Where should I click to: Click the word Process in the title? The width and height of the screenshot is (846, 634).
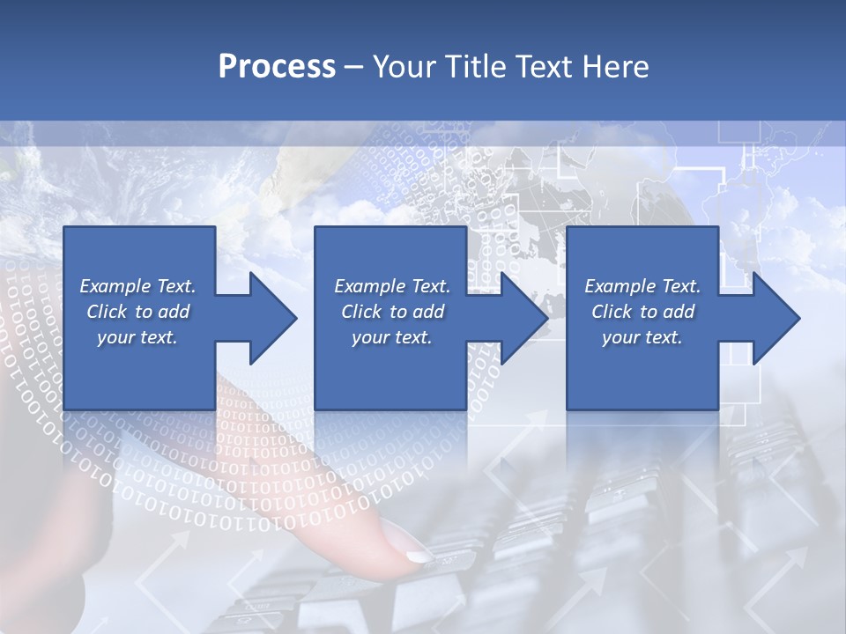[277, 67]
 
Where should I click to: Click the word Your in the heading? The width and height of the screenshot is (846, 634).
[402, 67]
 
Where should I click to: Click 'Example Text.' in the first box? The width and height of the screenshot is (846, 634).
[137, 286]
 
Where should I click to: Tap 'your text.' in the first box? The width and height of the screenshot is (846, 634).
[137, 337]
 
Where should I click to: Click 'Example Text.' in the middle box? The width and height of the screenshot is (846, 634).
[392, 286]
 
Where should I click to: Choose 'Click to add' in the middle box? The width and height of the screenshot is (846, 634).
[392, 312]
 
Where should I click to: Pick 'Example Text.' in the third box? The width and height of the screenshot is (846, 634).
[642, 286]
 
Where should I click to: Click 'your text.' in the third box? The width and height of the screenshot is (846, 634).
[642, 337]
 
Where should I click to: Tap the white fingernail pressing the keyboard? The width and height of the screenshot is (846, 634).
[418, 556]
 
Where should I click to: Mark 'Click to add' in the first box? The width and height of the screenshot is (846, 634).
[137, 312]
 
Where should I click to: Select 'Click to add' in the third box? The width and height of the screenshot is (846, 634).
[642, 312]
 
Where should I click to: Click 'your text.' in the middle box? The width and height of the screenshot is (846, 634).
[392, 337]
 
